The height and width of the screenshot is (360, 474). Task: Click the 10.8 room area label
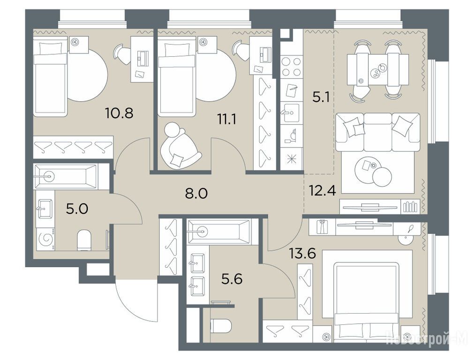click(x=119, y=113)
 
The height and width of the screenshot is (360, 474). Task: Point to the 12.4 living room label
click(x=322, y=190)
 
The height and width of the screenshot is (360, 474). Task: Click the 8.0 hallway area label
click(x=196, y=193)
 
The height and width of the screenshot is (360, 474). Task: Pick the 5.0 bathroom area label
click(x=77, y=209)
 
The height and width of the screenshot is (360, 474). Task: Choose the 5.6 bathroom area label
click(x=232, y=279)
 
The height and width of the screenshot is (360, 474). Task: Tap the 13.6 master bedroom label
click(x=302, y=253)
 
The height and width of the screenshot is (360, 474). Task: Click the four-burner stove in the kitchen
click(x=292, y=67)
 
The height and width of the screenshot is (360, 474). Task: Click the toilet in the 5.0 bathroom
click(x=84, y=240)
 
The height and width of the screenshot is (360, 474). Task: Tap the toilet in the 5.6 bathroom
click(x=221, y=326)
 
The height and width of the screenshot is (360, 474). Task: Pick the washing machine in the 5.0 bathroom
click(x=45, y=239)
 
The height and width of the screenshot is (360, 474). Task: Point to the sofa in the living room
click(x=378, y=132)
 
